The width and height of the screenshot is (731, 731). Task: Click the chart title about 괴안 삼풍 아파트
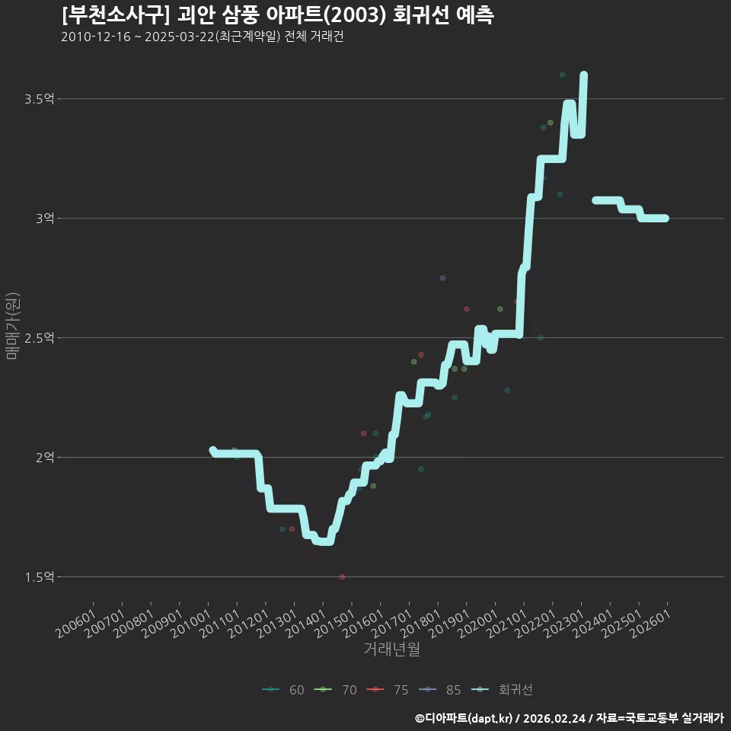277,15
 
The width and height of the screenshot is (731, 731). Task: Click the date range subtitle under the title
203,37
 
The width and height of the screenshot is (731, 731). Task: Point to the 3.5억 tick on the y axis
40,99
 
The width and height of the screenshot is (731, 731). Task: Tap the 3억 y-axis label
45,219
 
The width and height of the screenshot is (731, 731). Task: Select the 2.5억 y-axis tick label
40,338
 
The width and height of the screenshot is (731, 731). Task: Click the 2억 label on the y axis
45,458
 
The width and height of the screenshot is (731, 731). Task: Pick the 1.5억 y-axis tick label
40,577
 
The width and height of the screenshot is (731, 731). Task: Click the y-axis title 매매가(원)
12,326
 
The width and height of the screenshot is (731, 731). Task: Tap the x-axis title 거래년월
391,649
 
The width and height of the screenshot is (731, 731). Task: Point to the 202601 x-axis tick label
650,624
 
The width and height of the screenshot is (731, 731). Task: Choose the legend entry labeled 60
283,690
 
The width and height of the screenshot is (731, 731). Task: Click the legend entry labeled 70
336,690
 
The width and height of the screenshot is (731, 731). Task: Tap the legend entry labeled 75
388,690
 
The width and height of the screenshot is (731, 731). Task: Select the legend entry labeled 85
439,690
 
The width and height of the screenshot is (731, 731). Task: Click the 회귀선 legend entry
502,690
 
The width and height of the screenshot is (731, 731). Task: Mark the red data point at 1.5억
342,576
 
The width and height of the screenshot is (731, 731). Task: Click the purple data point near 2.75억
442,279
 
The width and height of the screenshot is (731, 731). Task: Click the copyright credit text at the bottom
570,718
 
